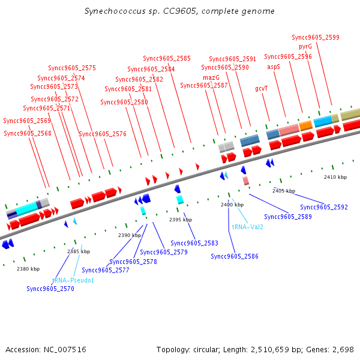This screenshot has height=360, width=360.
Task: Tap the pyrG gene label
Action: point(305,47)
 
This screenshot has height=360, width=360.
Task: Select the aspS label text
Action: point(274,67)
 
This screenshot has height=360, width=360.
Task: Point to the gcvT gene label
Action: point(261,88)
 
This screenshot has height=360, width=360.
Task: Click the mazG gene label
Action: point(211,77)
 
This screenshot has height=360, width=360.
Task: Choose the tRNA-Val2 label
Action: point(247,227)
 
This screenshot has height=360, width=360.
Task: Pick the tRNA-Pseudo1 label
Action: point(73,280)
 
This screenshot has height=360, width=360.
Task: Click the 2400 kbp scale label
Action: point(232,205)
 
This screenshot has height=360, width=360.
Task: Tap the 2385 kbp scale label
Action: point(79,251)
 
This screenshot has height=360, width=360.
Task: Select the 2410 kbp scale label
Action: point(335,178)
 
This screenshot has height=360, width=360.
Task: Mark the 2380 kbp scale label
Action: point(28,269)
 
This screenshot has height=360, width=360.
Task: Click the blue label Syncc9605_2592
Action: point(324,207)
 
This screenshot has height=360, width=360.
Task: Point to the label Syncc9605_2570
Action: point(50,289)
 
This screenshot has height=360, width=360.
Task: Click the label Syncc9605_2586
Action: point(235,256)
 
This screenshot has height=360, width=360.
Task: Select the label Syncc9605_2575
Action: point(72,68)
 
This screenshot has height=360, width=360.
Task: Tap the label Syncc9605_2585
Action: point(167,58)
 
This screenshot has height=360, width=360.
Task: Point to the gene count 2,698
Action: point(345,349)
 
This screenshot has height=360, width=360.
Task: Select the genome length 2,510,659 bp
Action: point(273,349)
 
